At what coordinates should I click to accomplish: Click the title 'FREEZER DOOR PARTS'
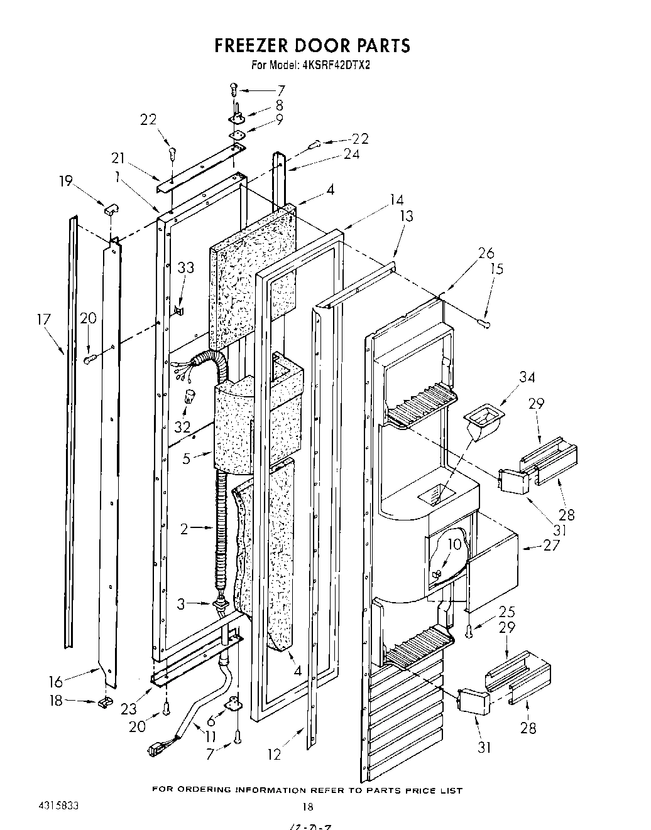[x=312, y=45]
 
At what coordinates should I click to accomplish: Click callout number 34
[x=527, y=377]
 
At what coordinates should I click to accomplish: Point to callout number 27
[x=550, y=544]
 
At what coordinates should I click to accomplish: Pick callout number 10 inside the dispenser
[x=454, y=544]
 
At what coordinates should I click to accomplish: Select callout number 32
[x=183, y=426]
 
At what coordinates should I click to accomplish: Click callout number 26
[x=486, y=253]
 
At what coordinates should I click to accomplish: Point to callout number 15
[x=496, y=269]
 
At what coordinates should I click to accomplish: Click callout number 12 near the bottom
[x=273, y=754]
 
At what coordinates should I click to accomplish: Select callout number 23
[x=128, y=708]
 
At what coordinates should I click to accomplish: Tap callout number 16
[x=55, y=681]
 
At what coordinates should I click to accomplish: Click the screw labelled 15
[x=483, y=323]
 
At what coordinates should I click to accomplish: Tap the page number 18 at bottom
[x=307, y=807]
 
